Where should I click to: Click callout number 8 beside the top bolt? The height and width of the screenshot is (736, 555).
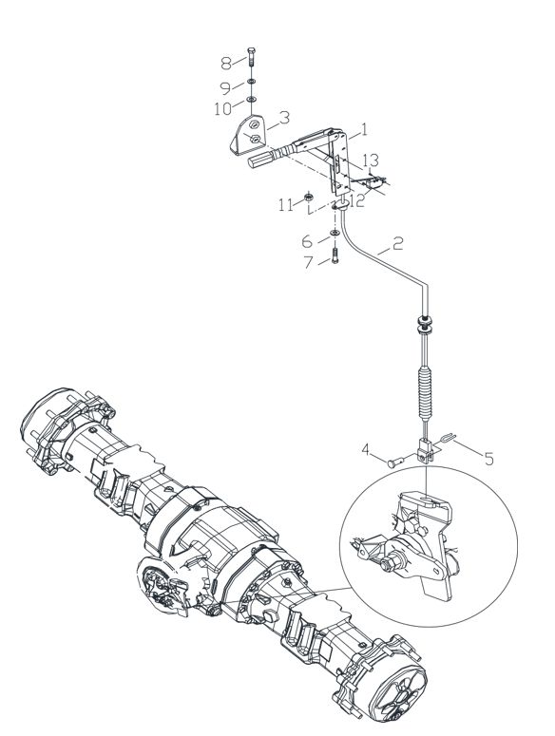click(226, 63)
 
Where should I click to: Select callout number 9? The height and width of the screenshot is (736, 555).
click(226, 88)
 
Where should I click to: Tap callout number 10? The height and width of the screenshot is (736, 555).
click(223, 109)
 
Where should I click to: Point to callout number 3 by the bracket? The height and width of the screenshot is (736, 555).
click(284, 118)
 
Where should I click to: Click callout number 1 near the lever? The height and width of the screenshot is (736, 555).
click(363, 129)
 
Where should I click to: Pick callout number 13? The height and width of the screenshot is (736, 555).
click(371, 160)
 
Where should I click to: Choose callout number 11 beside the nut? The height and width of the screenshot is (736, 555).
click(285, 205)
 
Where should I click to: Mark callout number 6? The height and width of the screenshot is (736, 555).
click(307, 242)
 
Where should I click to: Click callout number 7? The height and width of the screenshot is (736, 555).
click(308, 262)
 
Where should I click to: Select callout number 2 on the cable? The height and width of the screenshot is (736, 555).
click(397, 244)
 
